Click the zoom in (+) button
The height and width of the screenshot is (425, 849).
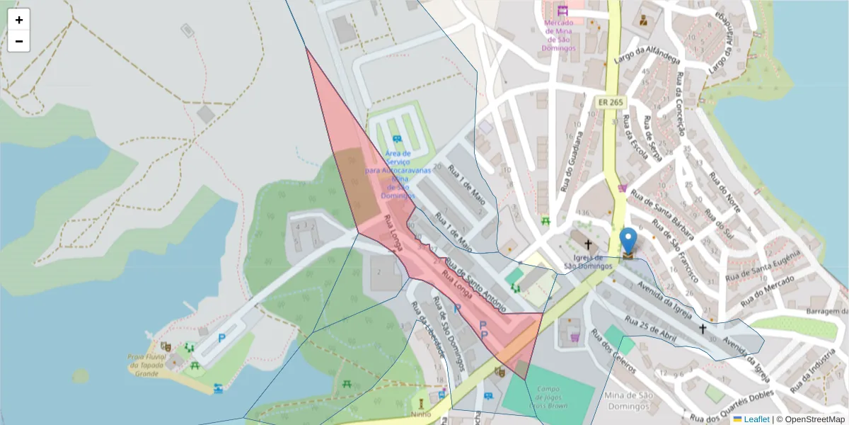[19, 20]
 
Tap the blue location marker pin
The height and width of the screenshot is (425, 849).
[628, 243]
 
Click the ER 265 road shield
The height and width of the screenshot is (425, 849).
[610, 102]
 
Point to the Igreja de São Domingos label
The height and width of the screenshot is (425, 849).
[587, 261]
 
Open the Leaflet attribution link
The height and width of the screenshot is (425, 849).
[756, 419]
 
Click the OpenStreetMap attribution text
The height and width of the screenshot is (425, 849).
[811, 419]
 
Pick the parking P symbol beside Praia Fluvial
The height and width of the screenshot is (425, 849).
[221, 339]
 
